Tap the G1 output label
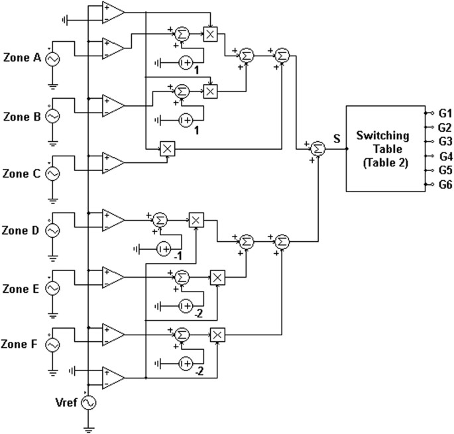coord(445,113)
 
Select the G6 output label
coord(445,184)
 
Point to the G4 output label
coord(445,156)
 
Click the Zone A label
coord(21,58)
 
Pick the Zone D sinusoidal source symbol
coord(51,231)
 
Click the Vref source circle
coord(87,402)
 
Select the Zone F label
coord(21,345)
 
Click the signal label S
coord(337,138)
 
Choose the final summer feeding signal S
coord(318,149)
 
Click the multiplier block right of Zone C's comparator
coord(167,150)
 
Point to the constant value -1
coord(178,257)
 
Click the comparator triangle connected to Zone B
coord(113,105)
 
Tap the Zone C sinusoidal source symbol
coord(51,174)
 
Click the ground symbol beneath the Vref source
coord(87,427)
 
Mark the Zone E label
coord(21,288)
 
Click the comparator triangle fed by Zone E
coord(113,276)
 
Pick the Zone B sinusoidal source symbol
coord(51,116)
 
